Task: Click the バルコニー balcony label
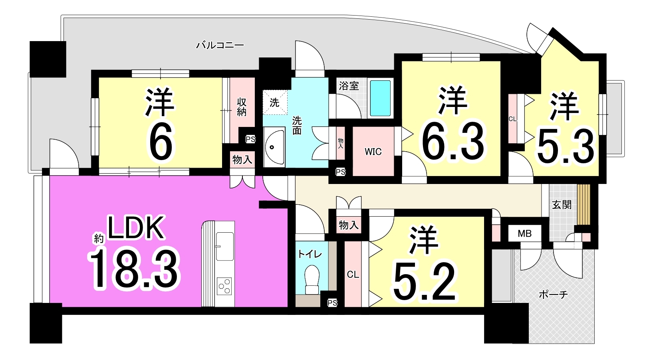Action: coord(220,45)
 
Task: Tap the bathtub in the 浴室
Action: coord(380,99)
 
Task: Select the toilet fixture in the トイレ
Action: coord(312,280)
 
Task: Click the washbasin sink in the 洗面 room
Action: coord(274,147)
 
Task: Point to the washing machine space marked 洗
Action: coord(275,102)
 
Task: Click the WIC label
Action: coord(373,152)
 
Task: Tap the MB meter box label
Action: coord(524,233)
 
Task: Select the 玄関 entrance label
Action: coord(562,205)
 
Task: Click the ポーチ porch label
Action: coord(553,295)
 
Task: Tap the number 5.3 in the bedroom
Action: coord(565,147)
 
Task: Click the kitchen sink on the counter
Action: coord(224,246)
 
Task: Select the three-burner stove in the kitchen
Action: coord(224,286)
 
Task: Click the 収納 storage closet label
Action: coord(242,107)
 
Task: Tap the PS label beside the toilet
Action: coord(332,303)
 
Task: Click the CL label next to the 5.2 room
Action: coord(353,274)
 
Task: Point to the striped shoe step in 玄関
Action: coord(584,204)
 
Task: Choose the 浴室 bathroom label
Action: coord(349,86)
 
